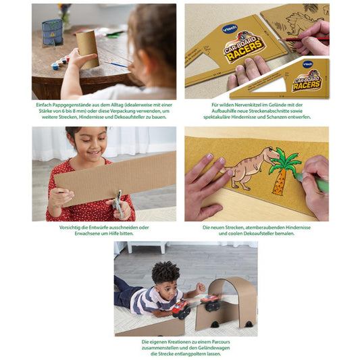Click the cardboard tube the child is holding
[88, 49]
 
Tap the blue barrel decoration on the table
[53, 32]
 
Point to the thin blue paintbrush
[115, 64]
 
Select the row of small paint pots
[60, 62]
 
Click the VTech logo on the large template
[230, 29]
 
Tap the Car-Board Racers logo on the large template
[245, 48]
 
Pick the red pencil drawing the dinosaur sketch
[303, 38]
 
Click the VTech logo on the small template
[307, 64]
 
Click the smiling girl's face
[90, 144]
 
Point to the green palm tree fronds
[285, 160]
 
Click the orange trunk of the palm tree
[279, 183]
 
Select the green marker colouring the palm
[312, 182]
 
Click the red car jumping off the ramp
[182, 309]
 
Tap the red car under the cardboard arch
[210, 302]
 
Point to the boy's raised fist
[200, 288]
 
